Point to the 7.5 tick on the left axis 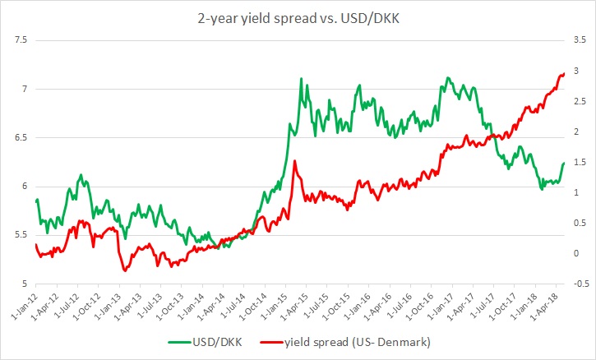point(20,40)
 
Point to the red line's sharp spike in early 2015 point(294,160)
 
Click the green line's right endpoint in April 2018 point(564,163)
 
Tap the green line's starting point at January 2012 point(36,201)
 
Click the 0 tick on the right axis point(578,253)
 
